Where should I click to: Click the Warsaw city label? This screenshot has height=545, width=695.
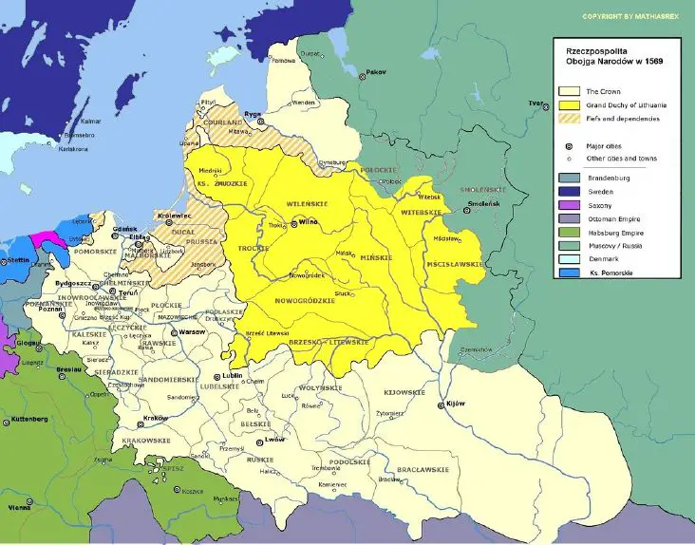click(191, 332)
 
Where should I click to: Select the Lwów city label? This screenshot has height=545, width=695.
click(276, 441)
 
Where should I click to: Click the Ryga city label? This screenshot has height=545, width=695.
click(253, 113)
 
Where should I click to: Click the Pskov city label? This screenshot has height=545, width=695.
click(377, 72)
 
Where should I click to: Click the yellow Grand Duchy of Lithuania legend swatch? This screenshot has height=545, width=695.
click(570, 103)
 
